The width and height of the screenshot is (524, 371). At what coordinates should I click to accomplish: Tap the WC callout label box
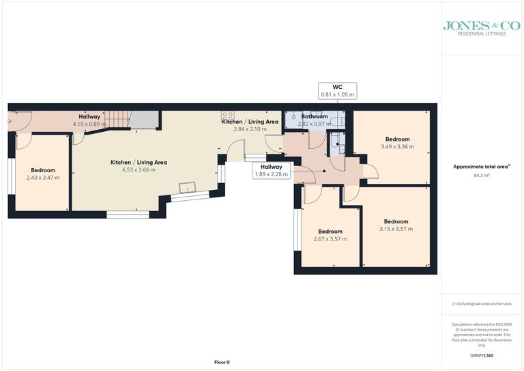click(x=338, y=91)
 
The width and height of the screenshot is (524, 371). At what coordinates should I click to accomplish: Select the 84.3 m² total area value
click(x=482, y=176)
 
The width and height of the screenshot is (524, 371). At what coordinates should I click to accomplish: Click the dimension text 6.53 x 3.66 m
click(x=139, y=170)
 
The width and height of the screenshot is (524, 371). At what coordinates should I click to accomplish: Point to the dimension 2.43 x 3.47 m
click(x=43, y=178)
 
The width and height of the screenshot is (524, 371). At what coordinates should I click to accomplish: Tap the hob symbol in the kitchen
click(x=228, y=116)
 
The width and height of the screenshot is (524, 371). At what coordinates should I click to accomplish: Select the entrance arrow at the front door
click(x=9, y=121)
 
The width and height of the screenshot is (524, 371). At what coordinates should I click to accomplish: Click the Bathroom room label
click(x=315, y=117)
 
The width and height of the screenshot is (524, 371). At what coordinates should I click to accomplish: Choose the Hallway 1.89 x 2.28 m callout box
click(x=272, y=170)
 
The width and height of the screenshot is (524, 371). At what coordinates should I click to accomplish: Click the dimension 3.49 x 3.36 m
click(x=397, y=146)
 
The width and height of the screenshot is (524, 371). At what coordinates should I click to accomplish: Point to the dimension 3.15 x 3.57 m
click(x=396, y=229)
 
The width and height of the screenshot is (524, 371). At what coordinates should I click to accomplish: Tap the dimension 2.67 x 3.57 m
click(x=330, y=239)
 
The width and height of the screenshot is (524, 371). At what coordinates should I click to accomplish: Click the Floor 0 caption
click(x=222, y=362)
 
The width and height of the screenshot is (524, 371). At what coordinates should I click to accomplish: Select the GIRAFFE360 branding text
click(x=482, y=357)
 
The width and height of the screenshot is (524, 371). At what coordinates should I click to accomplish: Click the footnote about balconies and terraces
click(x=482, y=303)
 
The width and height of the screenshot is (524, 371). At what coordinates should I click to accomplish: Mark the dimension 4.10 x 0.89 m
click(x=89, y=124)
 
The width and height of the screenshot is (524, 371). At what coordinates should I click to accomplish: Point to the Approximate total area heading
click(x=482, y=166)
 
